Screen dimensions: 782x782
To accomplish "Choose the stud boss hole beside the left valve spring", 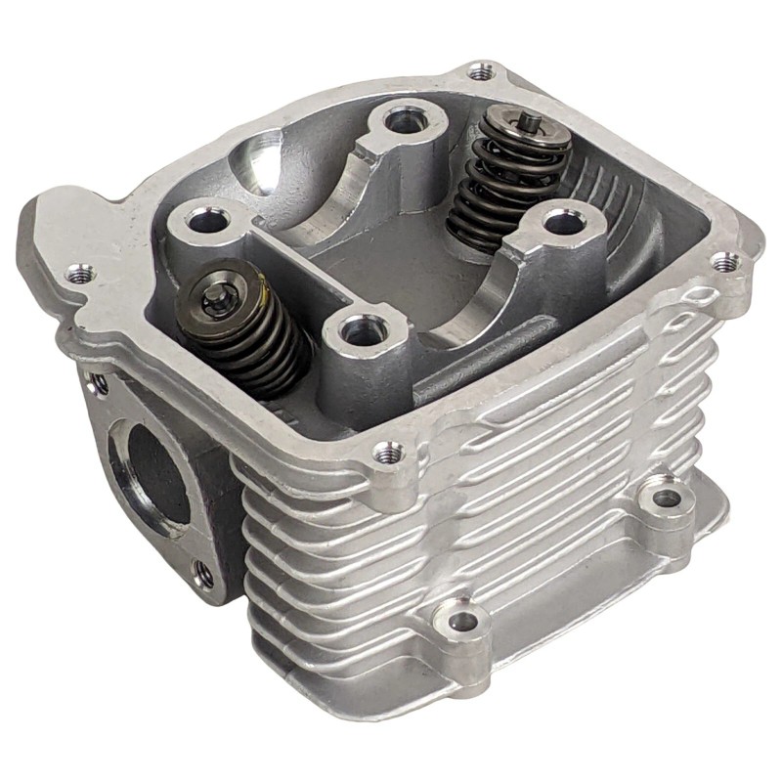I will point(203,221).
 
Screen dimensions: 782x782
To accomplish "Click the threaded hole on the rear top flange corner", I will point(478,71).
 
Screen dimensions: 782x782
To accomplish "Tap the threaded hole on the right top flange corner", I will point(724,262).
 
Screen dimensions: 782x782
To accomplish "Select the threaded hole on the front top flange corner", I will point(388,452).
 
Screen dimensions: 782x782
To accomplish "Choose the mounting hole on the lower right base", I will point(666,498).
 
